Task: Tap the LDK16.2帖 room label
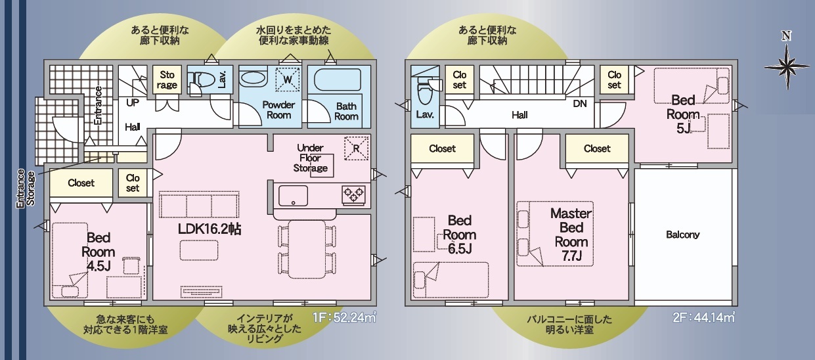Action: coord(209,229)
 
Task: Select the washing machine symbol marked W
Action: coord(288,79)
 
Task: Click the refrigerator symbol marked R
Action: coord(356,148)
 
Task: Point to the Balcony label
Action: coord(682,235)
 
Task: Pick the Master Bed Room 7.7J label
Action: coord(571,235)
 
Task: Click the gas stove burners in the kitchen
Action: coord(353,194)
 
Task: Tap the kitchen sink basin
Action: coord(294,196)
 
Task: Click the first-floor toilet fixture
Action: coord(200,80)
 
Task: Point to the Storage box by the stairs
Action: coord(167,79)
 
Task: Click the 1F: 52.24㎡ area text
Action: coord(344,317)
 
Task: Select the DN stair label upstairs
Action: coord(580,104)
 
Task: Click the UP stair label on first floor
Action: coord(133,102)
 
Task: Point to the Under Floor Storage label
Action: coord(311,158)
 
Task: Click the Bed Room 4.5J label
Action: coord(99,252)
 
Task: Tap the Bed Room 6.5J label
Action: coord(460,235)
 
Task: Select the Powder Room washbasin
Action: coord(253,78)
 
